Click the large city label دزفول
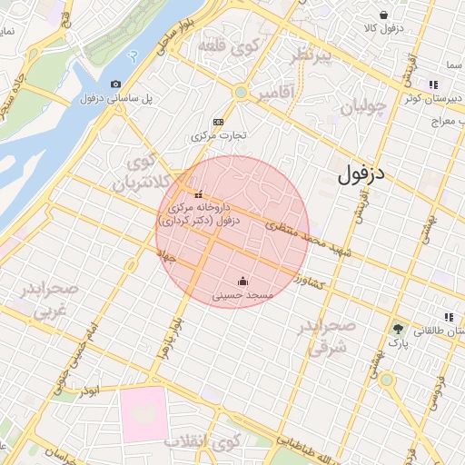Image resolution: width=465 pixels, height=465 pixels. point(361,174)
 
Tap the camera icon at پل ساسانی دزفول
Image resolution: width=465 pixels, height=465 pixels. point(115,84)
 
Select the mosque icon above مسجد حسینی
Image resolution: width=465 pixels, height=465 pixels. point(242,281)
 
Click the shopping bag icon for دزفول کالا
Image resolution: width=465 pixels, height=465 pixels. point(384,15)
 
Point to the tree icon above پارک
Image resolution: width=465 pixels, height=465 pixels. point(397,329)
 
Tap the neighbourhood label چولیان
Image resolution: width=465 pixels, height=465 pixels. point(363,108)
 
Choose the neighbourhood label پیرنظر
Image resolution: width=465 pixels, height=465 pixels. point(319,59)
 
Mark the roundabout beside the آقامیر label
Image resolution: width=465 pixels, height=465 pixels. point(240,92)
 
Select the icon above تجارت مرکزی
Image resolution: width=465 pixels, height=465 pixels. point(218,122)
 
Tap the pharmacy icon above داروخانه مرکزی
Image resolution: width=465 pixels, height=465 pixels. point(199,193)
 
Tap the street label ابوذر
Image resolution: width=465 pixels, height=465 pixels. point(88,390)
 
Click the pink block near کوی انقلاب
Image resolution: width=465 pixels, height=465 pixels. point(143,414)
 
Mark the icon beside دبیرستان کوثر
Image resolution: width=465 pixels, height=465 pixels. point(448,85)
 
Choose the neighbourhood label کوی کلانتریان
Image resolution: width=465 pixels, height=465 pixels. point(140,172)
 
